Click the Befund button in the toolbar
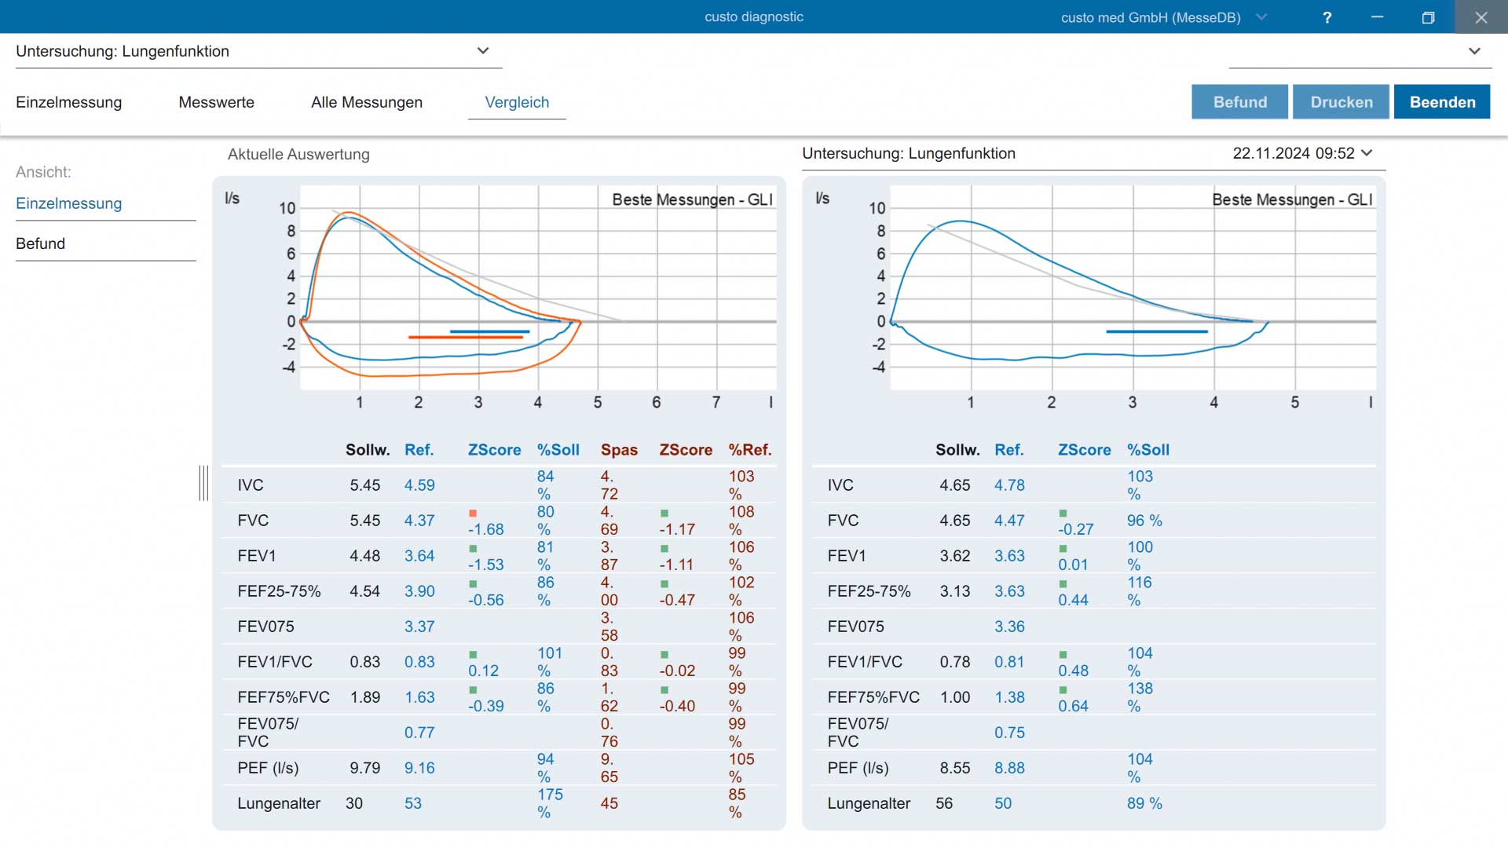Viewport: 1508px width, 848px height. (x=1239, y=102)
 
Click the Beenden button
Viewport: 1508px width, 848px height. (x=1442, y=102)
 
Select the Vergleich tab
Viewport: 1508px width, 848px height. (x=517, y=102)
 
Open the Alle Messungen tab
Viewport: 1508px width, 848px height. (x=367, y=102)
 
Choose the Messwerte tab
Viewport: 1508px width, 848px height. (x=217, y=102)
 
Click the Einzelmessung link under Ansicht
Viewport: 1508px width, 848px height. (x=69, y=203)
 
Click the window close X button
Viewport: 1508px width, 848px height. (x=1481, y=17)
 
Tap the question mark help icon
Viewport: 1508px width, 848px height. (x=1327, y=17)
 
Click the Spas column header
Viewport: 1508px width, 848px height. (x=619, y=450)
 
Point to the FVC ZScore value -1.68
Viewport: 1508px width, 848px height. (x=486, y=529)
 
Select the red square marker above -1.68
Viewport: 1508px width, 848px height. (x=473, y=514)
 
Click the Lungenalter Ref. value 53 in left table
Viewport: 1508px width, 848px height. (x=413, y=803)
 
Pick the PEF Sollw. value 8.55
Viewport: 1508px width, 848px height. (x=955, y=768)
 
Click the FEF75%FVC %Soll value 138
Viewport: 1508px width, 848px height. (x=1140, y=689)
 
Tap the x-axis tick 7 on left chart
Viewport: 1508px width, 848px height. (x=716, y=402)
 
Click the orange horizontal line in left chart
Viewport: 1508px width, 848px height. (x=466, y=337)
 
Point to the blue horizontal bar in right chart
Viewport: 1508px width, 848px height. (x=1157, y=331)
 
